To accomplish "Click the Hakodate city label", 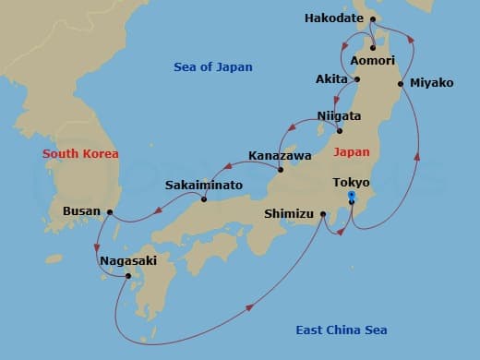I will coord(335,18).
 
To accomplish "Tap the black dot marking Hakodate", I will coord(372,18).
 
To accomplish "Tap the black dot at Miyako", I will coord(401,84).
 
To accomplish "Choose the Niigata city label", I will coord(339,116).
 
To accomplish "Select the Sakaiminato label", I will coord(204,186).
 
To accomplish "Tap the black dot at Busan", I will coord(110,211).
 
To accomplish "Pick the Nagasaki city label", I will coord(128,261).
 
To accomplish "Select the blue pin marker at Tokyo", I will coord(352,197).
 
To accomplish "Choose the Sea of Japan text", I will coord(212,67).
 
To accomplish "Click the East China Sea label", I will coord(342,330).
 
